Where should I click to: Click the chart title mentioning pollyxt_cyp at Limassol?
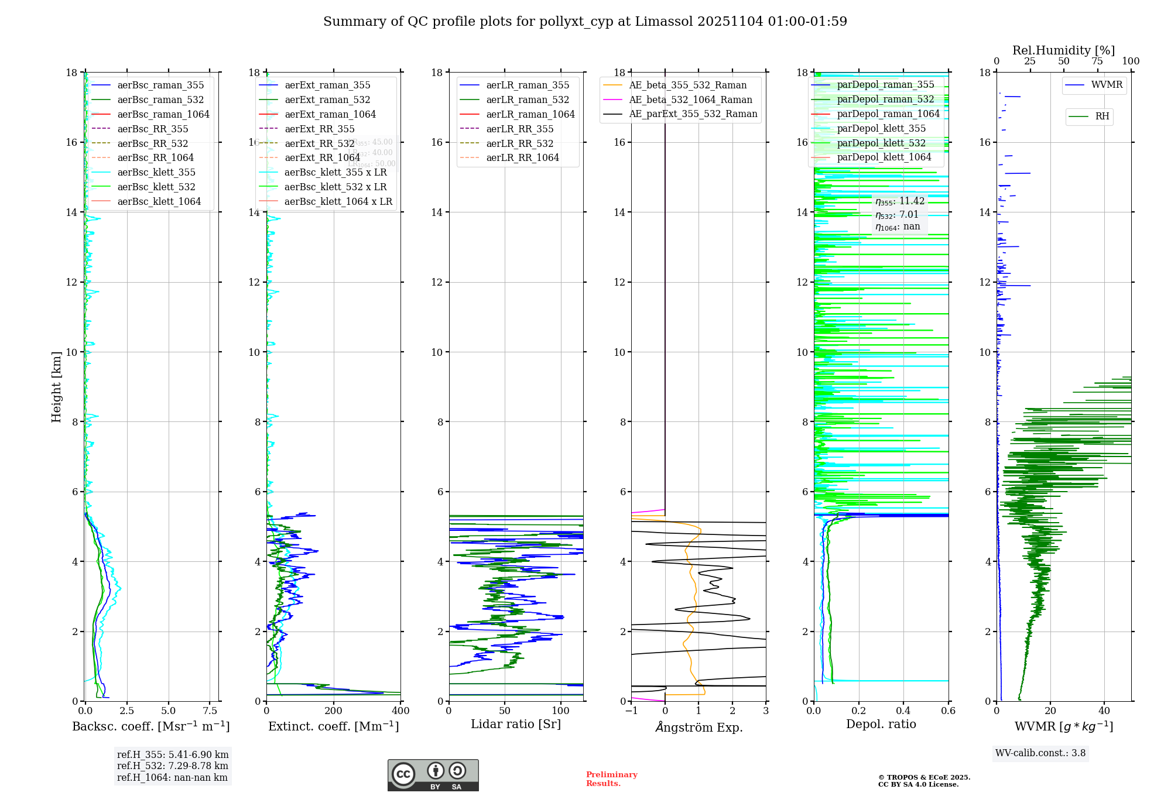click(x=585, y=22)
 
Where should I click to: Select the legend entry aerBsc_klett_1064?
click(x=159, y=201)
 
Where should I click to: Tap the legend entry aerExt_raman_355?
click(x=327, y=85)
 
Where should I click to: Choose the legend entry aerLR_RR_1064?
click(x=522, y=157)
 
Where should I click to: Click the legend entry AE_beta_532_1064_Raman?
click(x=690, y=99)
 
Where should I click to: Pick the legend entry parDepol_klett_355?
click(x=881, y=128)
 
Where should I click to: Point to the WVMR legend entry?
click(x=1107, y=85)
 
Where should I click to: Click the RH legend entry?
click(x=1102, y=116)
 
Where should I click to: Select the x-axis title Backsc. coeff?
click(x=151, y=726)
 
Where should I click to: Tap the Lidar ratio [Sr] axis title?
click(x=516, y=724)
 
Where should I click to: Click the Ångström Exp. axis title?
click(x=699, y=727)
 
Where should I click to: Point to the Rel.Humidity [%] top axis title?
click(x=1063, y=50)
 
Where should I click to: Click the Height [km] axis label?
click(x=56, y=387)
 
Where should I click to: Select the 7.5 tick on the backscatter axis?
click(x=210, y=711)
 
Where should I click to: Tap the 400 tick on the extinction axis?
click(x=400, y=711)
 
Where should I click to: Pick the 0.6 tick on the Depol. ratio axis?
click(x=948, y=711)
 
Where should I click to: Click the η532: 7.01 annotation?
click(x=897, y=215)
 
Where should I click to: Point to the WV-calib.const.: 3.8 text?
click(x=1040, y=753)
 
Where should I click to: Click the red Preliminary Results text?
click(x=611, y=779)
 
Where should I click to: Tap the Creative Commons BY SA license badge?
click(x=433, y=775)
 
